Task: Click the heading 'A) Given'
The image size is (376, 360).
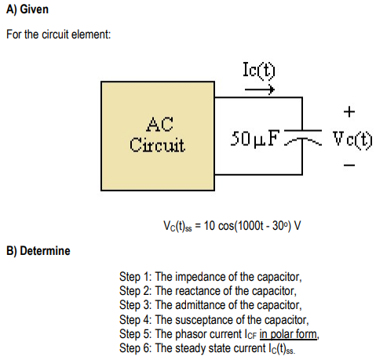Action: tap(27, 10)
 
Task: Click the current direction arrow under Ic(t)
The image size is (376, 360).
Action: tap(260, 89)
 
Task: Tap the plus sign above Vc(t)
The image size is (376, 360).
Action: tap(349, 109)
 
